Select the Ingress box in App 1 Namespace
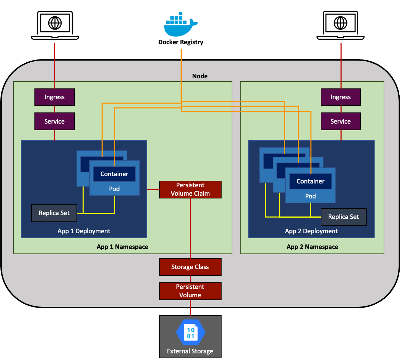pyautogui.click(x=55, y=97)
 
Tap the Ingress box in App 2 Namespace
pyautogui.click(x=341, y=97)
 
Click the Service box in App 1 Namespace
pyautogui.click(x=55, y=122)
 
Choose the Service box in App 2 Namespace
pyautogui.click(x=341, y=122)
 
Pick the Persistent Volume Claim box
pyautogui.click(x=190, y=189)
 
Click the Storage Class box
pyautogui.click(x=190, y=267)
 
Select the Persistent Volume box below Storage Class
pyautogui.click(x=190, y=291)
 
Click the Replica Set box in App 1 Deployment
pyautogui.click(x=54, y=213)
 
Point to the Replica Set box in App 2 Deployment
pyautogui.click(x=343, y=217)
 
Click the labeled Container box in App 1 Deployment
pyautogui.click(x=114, y=174)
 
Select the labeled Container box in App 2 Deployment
pyautogui.click(x=310, y=181)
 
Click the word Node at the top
pyautogui.click(x=200, y=76)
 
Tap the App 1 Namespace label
pyautogui.click(x=122, y=247)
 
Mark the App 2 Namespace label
pyautogui.click(x=312, y=247)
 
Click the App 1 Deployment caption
pyautogui.click(x=84, y=231)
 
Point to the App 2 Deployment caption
pyautogui.click(x=311, y=231)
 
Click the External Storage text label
pyautogui.click(x=190, y=351)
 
